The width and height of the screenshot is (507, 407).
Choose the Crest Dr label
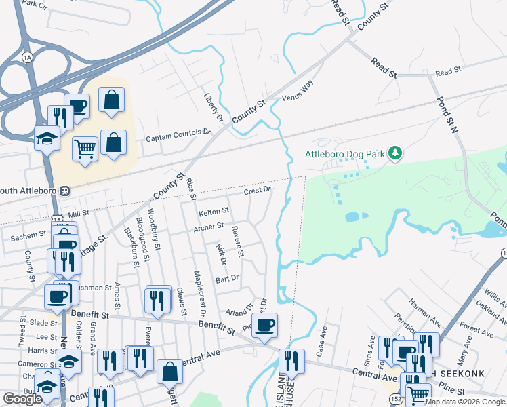coord(258,191)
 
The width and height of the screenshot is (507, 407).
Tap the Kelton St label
coord(214,213)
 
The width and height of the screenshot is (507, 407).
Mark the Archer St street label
coord(208,227)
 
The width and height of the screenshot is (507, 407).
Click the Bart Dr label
coord(227,279)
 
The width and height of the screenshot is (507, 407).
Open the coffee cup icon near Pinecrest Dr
coord(264,324)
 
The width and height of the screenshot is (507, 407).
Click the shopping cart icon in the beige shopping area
coord(85,148)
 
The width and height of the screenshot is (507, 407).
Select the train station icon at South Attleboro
coord(66,191)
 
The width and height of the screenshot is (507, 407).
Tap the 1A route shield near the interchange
coord(26,55)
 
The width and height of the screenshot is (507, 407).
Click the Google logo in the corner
coord(22,399)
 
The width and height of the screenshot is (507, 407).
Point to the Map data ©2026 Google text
coord(464,402)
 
